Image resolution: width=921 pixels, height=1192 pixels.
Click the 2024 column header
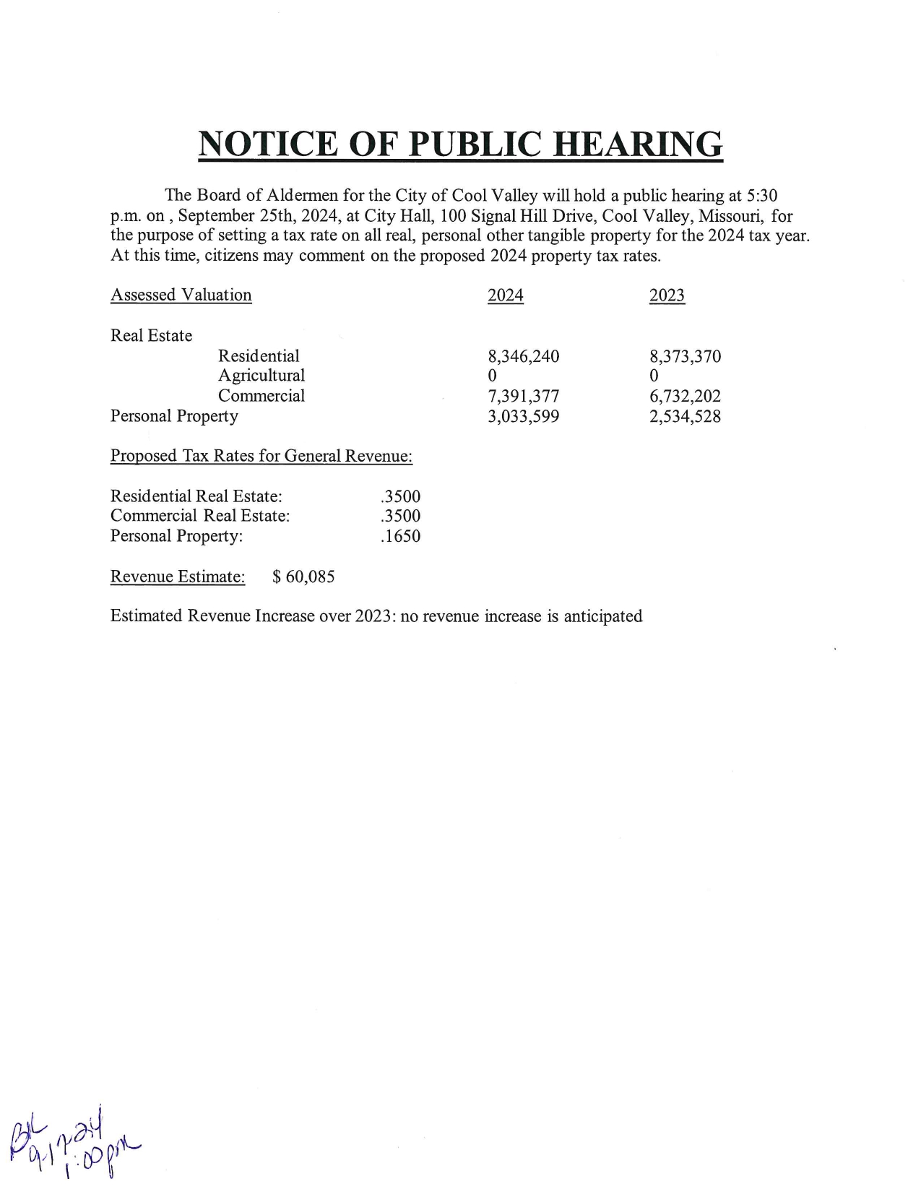(505, 295)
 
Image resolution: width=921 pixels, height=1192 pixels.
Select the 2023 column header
(667, 295)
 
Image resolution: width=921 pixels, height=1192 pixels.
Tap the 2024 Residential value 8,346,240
(524, 356)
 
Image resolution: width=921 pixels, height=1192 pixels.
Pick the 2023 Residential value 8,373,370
(685, 356)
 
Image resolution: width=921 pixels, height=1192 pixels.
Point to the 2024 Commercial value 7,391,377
(524, 396)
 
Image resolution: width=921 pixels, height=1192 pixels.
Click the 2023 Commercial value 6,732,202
(685, 396)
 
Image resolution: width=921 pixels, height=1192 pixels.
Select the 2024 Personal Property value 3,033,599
(524, 416)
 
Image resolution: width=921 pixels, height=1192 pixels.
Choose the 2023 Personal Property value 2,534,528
(685, 416)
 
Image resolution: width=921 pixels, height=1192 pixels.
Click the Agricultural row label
(261, 376)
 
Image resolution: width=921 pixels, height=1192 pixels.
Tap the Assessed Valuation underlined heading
(181, 295)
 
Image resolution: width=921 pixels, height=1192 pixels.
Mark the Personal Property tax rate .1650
(400, 536)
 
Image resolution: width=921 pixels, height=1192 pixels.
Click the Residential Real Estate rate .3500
(400, 496)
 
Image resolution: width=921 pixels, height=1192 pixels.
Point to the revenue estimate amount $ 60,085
(303, 576)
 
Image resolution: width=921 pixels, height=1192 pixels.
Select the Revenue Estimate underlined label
(177, 576)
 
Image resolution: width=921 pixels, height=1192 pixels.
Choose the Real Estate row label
(151, 336)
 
